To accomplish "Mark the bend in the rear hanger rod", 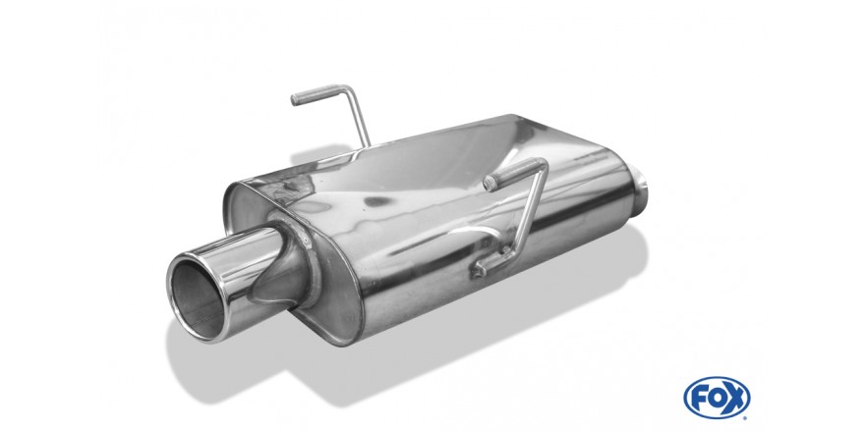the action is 349,89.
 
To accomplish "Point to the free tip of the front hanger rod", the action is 489,184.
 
